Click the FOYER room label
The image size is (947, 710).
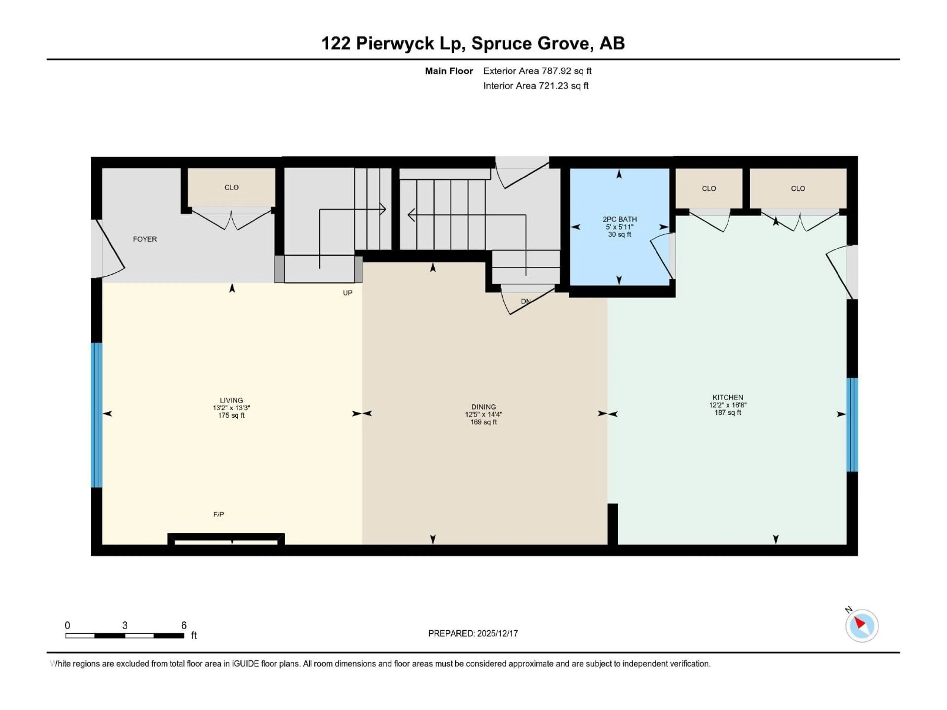click(145, 239)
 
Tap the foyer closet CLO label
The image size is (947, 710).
click(231, 187)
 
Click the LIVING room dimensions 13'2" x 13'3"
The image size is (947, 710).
click(231, 408)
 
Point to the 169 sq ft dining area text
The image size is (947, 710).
click(483, 422)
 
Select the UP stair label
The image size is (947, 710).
click(347, 293)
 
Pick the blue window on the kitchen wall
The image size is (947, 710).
click(852, 425)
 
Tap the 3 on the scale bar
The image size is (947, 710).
click(125, 625)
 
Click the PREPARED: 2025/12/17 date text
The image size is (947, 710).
click(473, 633)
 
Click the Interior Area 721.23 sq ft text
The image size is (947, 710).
click(536, 86)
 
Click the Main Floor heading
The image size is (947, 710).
click(448, 71)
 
